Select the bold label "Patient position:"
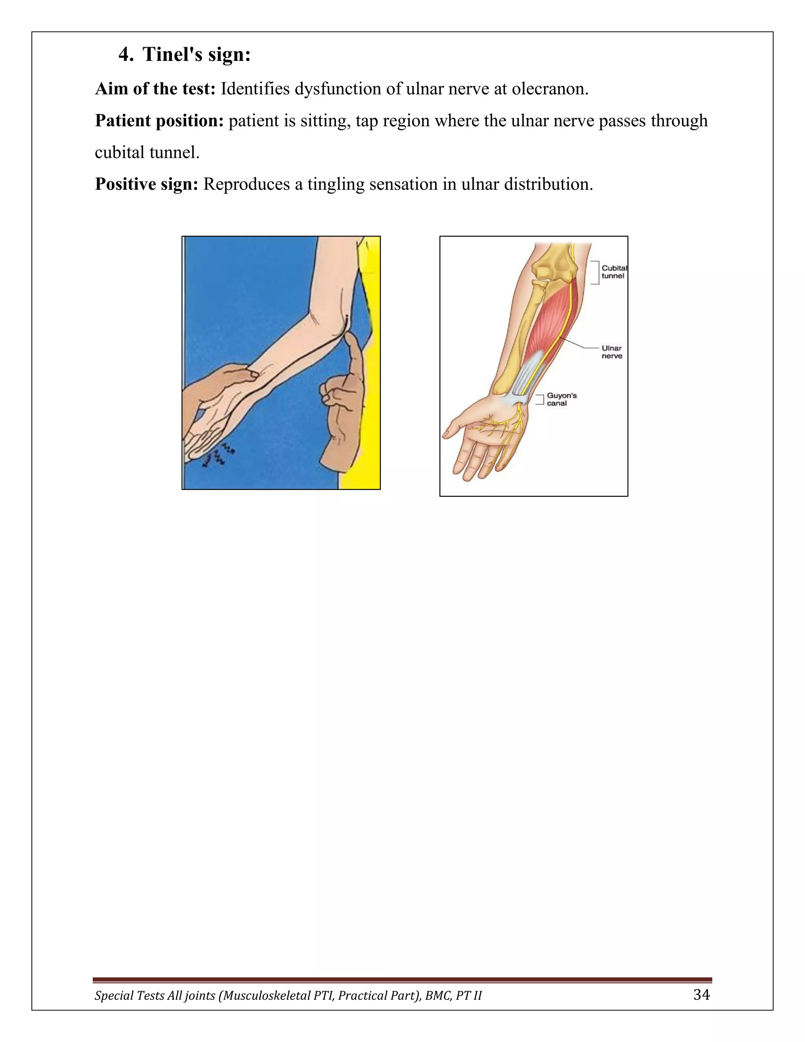click(159, 121)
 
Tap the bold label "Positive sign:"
click(146, 184)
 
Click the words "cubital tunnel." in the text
click(147, 153)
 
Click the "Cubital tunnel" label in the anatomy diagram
click(614, 272)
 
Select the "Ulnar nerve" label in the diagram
click(611, 352)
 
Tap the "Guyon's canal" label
click(561, 399)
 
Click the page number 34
click(701, 994)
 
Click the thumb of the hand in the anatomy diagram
click(456, 426)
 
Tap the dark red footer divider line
click(402, 979)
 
